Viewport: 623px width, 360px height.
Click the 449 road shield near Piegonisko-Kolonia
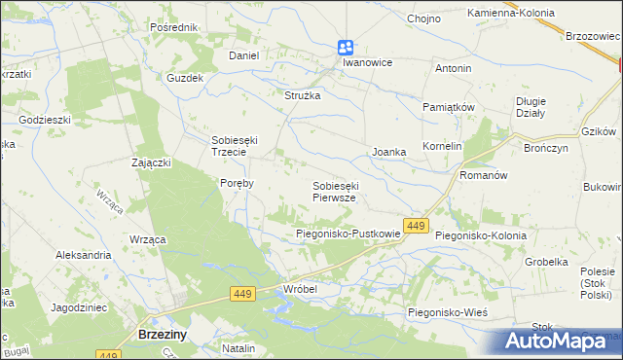pos(417,226)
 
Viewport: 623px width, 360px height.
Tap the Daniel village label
pos(243,55)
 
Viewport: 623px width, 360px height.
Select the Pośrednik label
pos(174,27)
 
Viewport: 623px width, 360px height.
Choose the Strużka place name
pos(302,95)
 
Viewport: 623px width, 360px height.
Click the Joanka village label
pos(388,152)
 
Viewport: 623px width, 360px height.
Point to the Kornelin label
pos(441,146)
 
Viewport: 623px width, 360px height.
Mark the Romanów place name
pos(484,176)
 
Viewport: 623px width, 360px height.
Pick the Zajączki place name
pos(151,162)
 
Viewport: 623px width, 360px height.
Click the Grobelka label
pos(546,262)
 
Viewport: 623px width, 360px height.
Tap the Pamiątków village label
pos(448,106)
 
